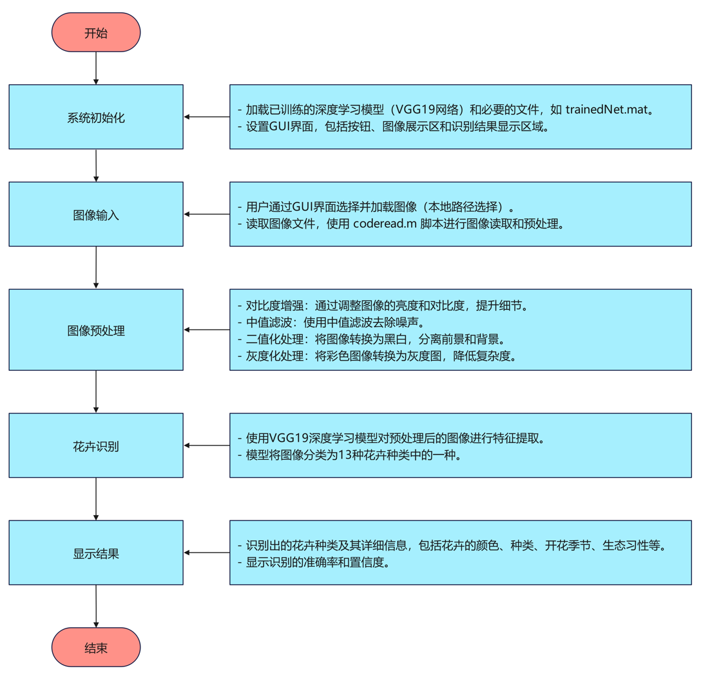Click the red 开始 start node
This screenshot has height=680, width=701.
click(x=96, y=33)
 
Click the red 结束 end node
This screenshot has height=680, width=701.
click(x=96, y=647)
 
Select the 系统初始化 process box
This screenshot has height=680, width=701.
click(x=96, y=117)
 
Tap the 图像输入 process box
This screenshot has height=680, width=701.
click(x=96, y=214)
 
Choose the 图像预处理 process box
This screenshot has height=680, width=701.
click(x=96, y=330)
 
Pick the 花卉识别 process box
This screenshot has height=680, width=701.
click(x=96, y=446)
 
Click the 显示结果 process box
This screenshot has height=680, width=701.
click(x=96, y=553)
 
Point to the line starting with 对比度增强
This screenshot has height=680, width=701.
click(x=383, y=305)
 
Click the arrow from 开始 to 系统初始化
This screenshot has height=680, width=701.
click(x=96, y=68)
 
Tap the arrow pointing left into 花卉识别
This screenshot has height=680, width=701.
click(x=207, y=445)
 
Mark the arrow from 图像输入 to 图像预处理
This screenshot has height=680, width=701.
click(x=96, y=267)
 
